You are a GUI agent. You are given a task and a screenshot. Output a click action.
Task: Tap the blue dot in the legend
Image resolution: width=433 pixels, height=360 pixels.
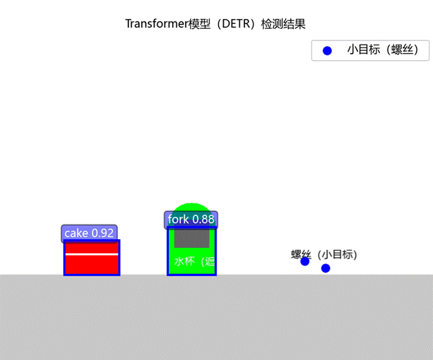coord(327,50)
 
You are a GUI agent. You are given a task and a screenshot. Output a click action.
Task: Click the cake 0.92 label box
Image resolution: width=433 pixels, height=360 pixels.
coord(89,233)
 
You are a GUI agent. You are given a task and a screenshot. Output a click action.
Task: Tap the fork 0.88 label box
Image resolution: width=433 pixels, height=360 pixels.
coord(191,219)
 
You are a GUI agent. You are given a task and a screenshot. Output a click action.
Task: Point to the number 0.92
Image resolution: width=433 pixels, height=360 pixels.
coord(102,233)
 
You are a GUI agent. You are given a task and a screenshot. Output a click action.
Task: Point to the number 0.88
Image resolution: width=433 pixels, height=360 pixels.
coord(203,219)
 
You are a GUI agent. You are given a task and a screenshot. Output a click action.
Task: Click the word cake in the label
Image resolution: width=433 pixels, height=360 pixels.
coord(76,233)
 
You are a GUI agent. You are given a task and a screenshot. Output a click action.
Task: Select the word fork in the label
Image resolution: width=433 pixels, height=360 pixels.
coord(178,219)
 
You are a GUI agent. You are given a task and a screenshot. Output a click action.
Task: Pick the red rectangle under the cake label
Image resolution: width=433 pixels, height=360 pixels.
coord(92,265)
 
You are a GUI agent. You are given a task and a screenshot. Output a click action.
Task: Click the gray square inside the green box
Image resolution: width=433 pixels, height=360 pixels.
coord(192,238)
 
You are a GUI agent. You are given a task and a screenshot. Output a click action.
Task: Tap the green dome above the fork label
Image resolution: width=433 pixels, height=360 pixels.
coord(192,207)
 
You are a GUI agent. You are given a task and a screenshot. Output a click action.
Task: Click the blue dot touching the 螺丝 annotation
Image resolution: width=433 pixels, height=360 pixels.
coord(305,261)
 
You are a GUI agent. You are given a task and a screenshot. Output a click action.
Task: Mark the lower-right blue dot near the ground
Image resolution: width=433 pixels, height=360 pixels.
coord(325,268)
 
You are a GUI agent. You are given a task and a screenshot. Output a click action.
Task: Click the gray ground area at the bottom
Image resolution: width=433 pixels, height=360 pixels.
coord(216,320)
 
